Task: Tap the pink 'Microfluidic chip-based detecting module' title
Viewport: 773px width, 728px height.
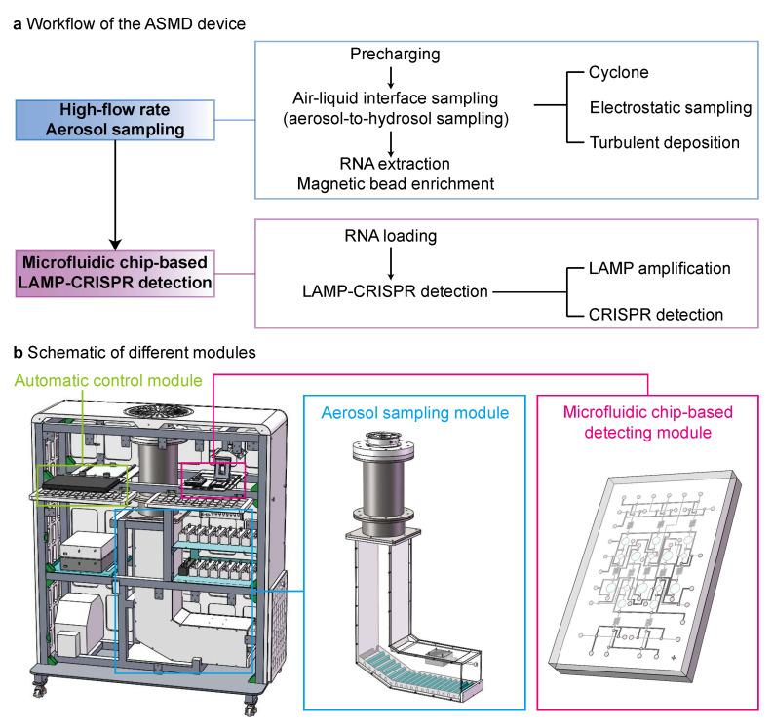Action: coord(648,424)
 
